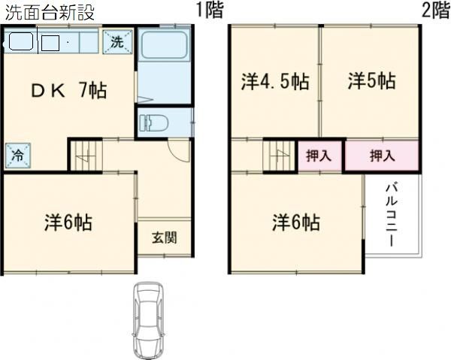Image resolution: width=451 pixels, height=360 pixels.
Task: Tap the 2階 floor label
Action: pos(434,11)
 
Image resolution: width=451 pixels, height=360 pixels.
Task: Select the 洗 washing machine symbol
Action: pos(118,42)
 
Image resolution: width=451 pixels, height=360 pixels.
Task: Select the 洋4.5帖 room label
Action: pos(275,81)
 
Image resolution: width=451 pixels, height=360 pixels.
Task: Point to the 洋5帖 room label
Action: pos(371,81)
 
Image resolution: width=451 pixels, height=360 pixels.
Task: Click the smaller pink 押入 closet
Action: pos(319,156)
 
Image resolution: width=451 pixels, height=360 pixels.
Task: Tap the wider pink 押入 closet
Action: pos(382,156)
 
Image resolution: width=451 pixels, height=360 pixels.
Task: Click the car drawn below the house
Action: pos(150,319)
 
